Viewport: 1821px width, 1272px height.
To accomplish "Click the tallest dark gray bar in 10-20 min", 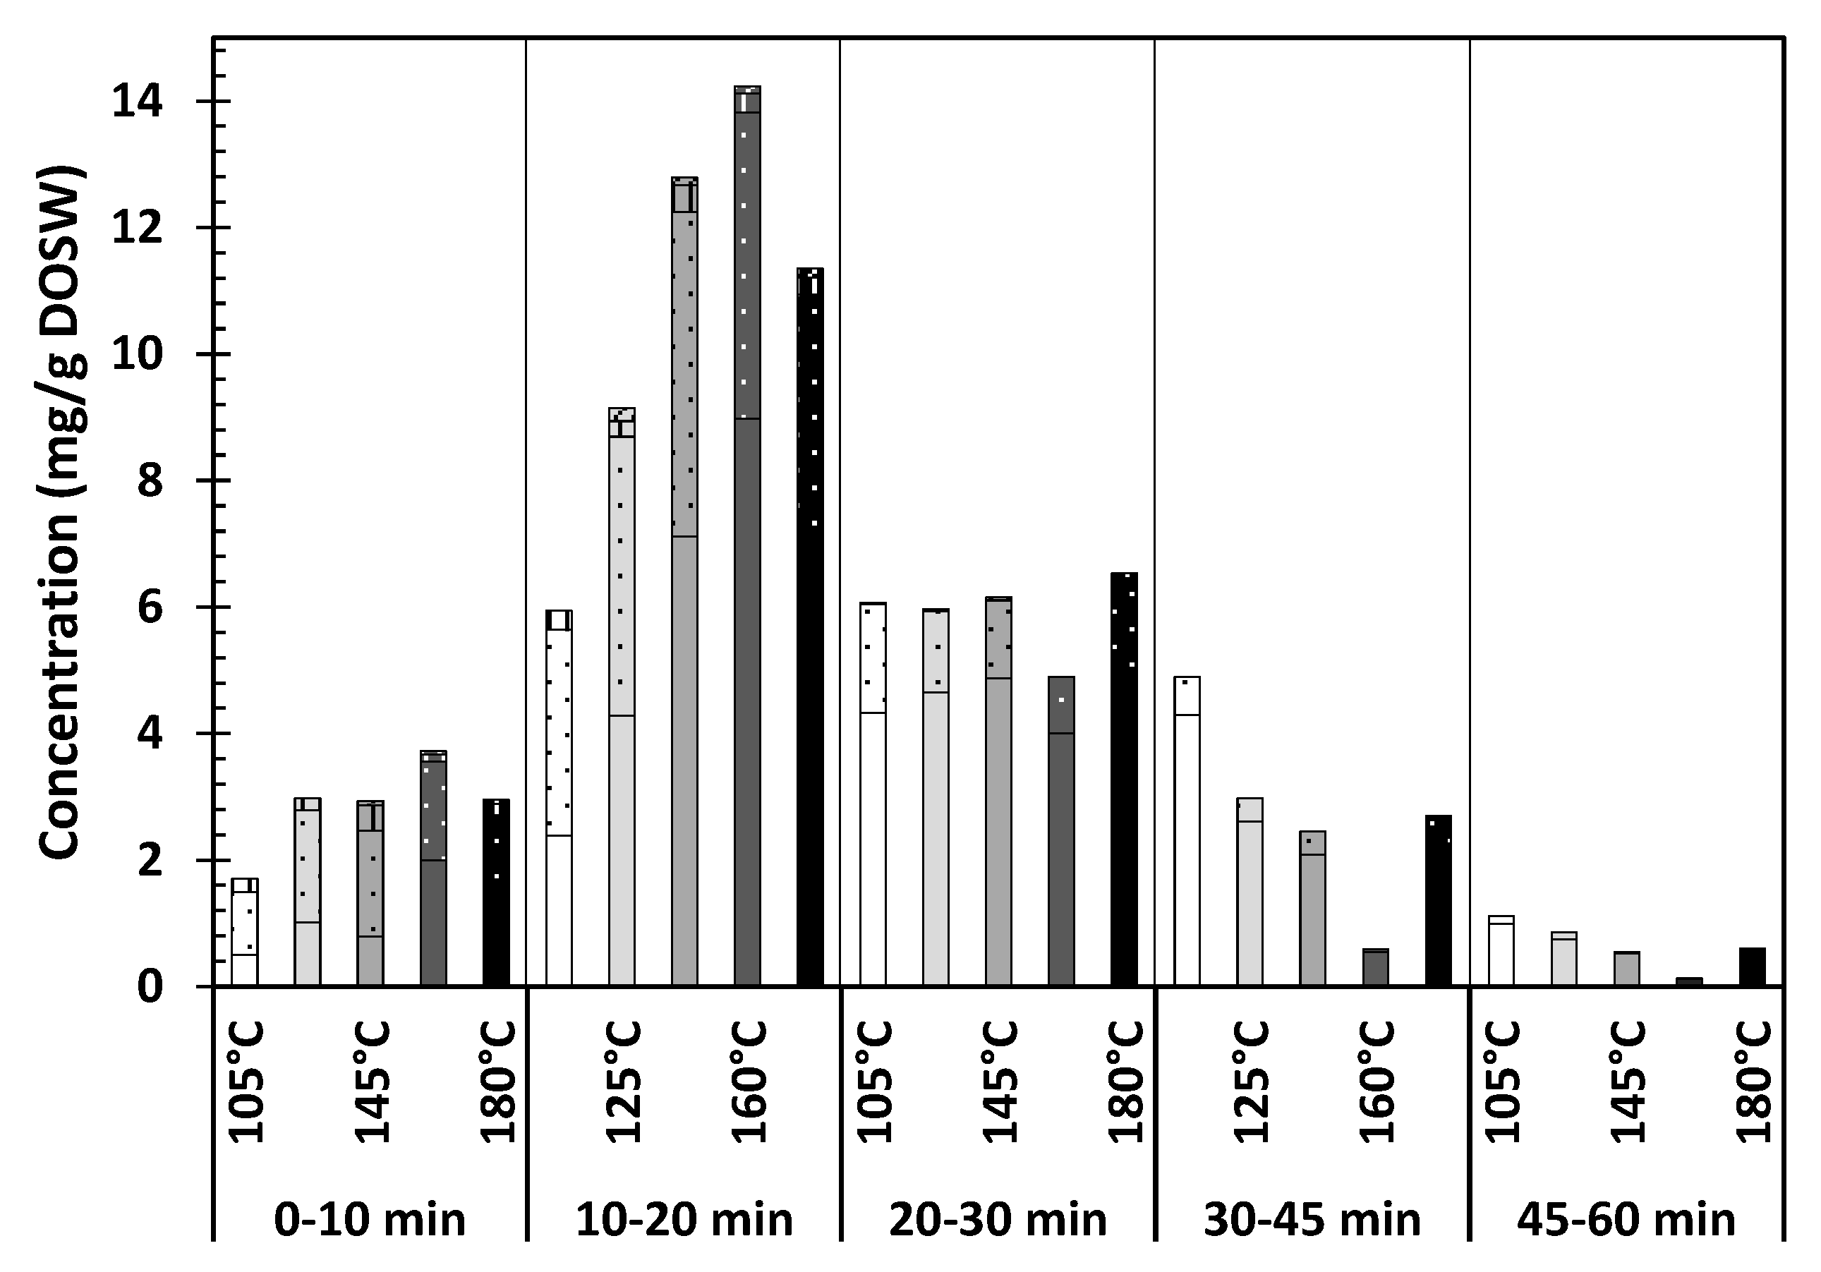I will tap(747, 539).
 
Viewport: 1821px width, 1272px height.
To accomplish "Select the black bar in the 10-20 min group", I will tap(810, 626).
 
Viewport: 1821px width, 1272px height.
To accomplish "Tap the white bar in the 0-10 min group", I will tap(244, 933).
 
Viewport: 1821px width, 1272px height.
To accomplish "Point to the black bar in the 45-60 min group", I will tap(1752, 967).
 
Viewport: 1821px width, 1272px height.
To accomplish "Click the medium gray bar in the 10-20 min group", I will tap(684, 583).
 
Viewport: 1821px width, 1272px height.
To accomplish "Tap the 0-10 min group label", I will tap(370, 1219).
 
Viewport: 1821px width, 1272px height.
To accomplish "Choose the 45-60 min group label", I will tap(1626, 1219).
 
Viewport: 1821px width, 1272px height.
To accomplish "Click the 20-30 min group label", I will tap(998, 1219).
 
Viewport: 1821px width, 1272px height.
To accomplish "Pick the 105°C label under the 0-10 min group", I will tap(246, 1082).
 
